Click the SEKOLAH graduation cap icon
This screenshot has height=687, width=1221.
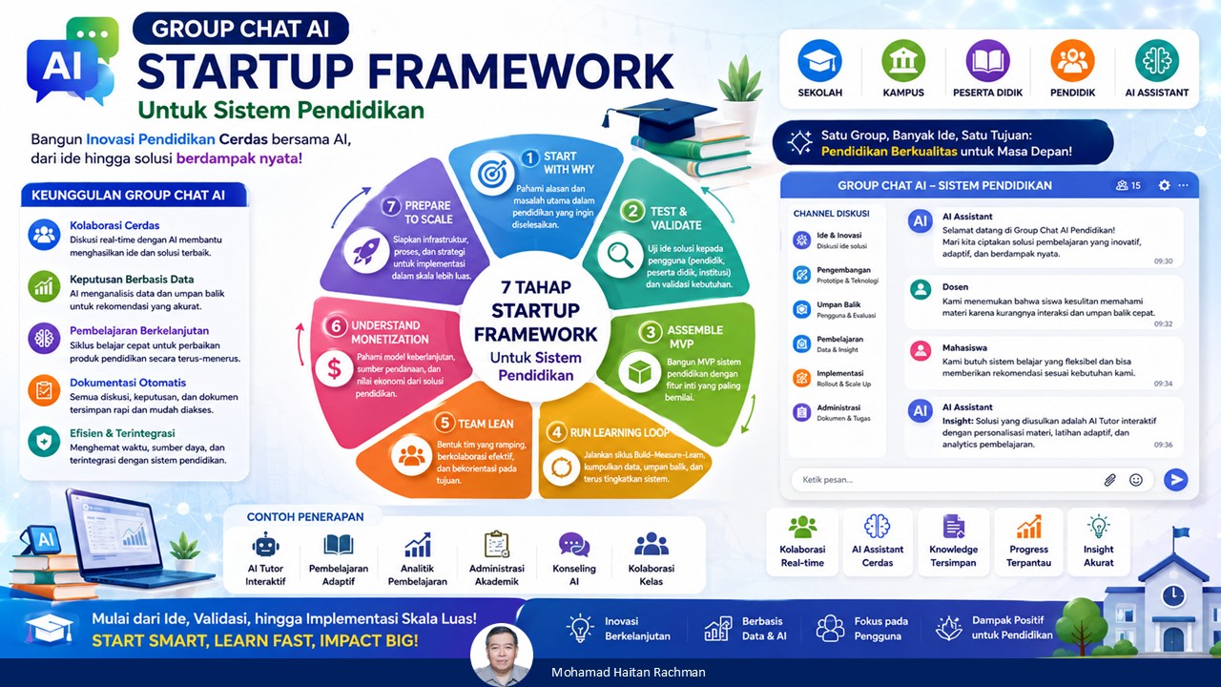coord(819,60)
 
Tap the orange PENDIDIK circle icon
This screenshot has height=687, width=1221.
coord(1072,60)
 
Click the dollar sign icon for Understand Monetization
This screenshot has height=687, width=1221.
coord(334,369)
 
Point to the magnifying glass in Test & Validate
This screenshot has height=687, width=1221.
coord(620,255)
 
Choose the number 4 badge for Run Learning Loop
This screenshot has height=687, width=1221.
coord(556,432)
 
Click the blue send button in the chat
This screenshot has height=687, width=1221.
coord(1176,480)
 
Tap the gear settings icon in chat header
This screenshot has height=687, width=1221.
coord(1165,185)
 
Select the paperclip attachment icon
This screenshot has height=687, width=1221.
coord(1109,480)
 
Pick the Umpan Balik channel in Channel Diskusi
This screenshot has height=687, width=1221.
coord(835,309)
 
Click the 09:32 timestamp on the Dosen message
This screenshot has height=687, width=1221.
coord(1163,323)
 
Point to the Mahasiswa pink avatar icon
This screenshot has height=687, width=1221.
coord(921,350)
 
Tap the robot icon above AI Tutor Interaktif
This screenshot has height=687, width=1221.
coord(265,545)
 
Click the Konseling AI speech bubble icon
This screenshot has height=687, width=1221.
coord(574,545)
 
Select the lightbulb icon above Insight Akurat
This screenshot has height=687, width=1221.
coord(1098,527)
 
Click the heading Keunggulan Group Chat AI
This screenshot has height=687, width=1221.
coord(128,196)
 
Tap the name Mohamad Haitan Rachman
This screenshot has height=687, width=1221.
coord(629,673)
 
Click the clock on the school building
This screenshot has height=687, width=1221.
coord(1173,595)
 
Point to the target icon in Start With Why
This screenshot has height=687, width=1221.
coord(492,175)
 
